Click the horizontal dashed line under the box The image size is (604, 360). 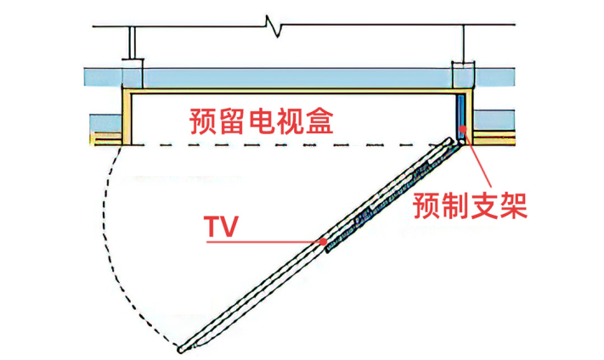[280, 146]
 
